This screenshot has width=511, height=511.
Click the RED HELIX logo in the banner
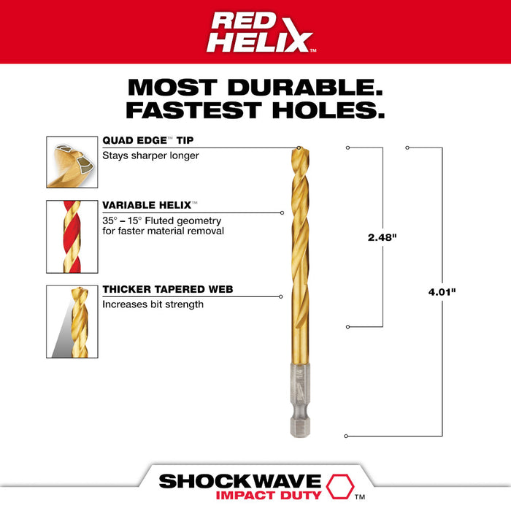pos(255,32)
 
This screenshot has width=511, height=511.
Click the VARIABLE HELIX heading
pos(150,207)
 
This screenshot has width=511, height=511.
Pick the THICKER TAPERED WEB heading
pos(168,290)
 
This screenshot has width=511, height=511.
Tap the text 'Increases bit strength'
pos(153,304)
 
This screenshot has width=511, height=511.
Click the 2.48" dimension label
pos(383,237)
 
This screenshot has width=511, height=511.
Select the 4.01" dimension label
pos(442,293)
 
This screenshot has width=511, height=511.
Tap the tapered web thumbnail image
pos(72,321)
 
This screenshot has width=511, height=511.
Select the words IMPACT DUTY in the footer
pos(256,496)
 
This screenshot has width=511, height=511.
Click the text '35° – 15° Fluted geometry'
pos(161,220)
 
